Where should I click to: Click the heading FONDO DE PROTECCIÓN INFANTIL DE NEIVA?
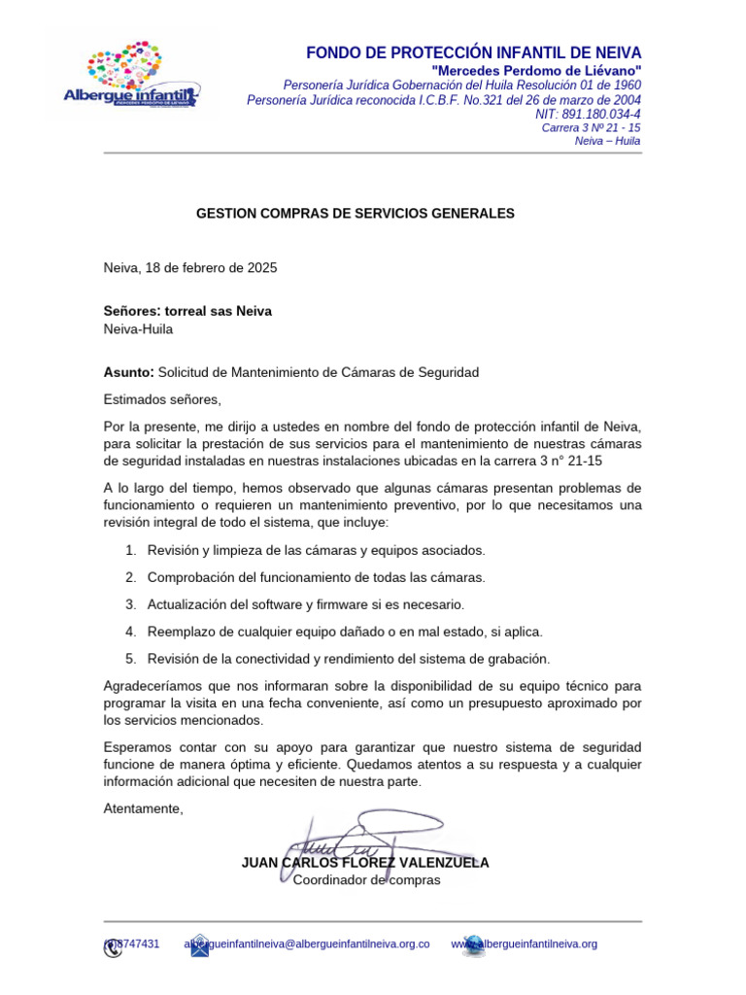[473, 52]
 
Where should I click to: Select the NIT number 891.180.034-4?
[588, 114]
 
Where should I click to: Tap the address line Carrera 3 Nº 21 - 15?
[591, 127]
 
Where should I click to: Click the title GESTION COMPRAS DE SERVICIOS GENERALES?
[356, 212]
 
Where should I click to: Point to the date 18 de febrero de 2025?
[211, 267]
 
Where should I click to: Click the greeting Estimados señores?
[162, 399]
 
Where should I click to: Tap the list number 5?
[130, 659]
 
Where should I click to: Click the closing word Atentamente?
[143, 808]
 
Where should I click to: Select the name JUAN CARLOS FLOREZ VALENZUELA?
[365, 862]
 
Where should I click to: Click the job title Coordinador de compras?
[367, 880]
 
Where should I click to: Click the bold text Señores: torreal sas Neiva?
[187, 311]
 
